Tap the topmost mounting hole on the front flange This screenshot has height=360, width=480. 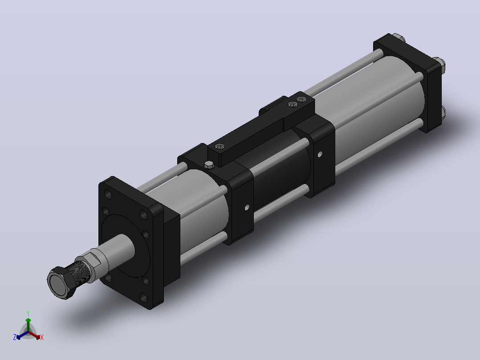click(x=108, y=194)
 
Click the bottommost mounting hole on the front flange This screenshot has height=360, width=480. click(x=143, y=297)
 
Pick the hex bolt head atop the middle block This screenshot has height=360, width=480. click(x=209, y=165)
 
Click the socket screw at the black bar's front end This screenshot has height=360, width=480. click(x=220, y=147)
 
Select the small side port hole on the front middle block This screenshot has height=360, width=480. click(x=247, y=208)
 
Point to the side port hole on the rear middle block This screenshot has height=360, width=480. click(x=320, y=154)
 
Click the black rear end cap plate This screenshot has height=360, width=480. click(x=409, y=81)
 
